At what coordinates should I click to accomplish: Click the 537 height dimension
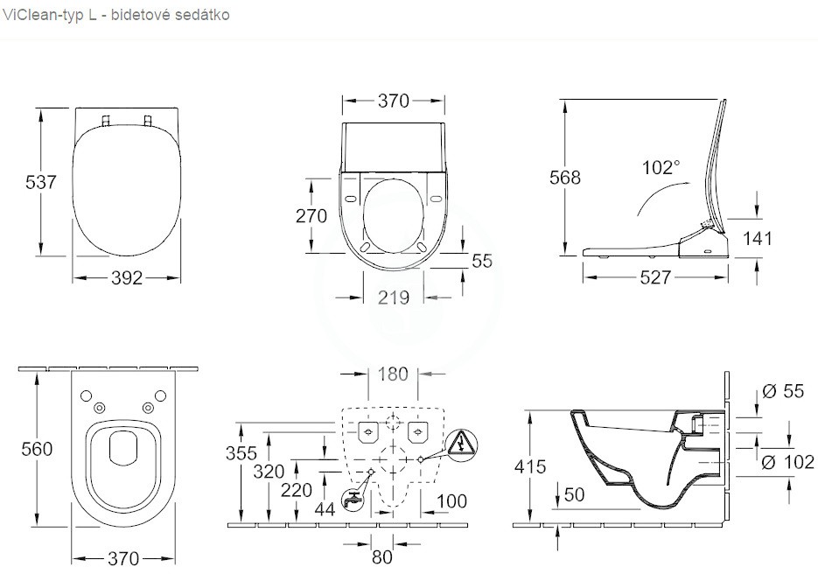[41, 182]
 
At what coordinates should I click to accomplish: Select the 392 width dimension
[127, 278]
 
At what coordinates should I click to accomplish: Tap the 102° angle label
[661, 167]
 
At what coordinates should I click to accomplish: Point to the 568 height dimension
[565, 178]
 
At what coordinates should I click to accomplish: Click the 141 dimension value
[757, 239]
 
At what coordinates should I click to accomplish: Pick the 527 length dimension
[655, 277]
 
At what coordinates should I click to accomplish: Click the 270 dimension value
[311, 215]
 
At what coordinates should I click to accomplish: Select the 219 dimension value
[394, 297]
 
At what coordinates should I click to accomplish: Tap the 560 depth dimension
[37, 449]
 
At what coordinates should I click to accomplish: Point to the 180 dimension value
[393, 374]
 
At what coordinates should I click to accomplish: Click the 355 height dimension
[241, 453]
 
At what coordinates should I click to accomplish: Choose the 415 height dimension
[530, 466]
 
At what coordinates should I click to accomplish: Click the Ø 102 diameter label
[787, 462]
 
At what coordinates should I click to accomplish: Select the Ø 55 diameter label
[783, 391]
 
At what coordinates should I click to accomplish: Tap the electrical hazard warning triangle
[462, 445]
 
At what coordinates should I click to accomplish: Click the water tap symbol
[353, 499]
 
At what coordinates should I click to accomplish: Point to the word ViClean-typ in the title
[44, 15]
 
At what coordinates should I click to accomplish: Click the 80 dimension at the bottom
[381, 557]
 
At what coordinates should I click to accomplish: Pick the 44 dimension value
[325, 508]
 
